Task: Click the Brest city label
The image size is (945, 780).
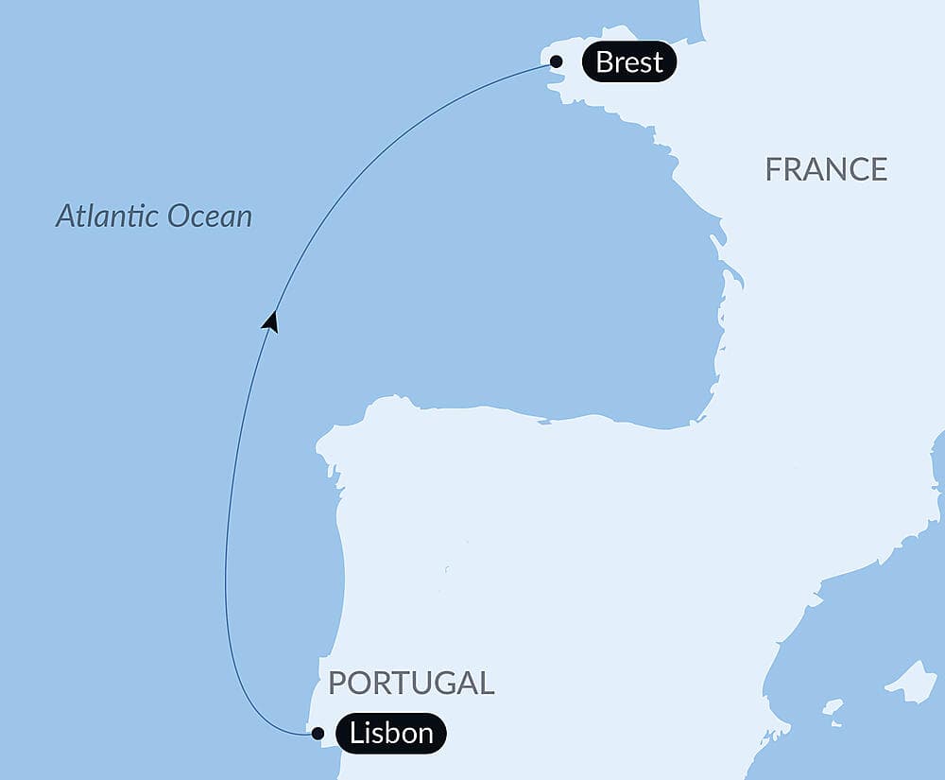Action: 629,62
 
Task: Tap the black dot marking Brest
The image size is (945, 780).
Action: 557,62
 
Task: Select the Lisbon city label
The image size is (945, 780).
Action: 391,733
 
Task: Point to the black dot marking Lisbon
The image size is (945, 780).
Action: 318,733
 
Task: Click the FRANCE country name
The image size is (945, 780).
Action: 826,169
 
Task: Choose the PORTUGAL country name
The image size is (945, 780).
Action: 411,683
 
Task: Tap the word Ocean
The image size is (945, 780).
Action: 210,217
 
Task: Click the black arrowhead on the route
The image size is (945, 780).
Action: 271,321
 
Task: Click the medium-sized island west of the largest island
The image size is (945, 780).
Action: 832,706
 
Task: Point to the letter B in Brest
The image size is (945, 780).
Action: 605,62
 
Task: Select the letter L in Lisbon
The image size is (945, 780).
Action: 356,733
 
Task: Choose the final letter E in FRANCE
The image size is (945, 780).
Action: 878,169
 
